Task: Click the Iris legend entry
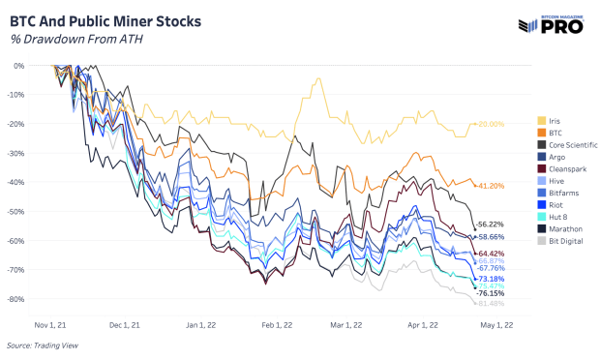coord(555,121)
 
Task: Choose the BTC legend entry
coord(555,133)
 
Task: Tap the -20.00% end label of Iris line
coord(491,124)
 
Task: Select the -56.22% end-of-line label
coord(491,225)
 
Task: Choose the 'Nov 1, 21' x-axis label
coord(50,325)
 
